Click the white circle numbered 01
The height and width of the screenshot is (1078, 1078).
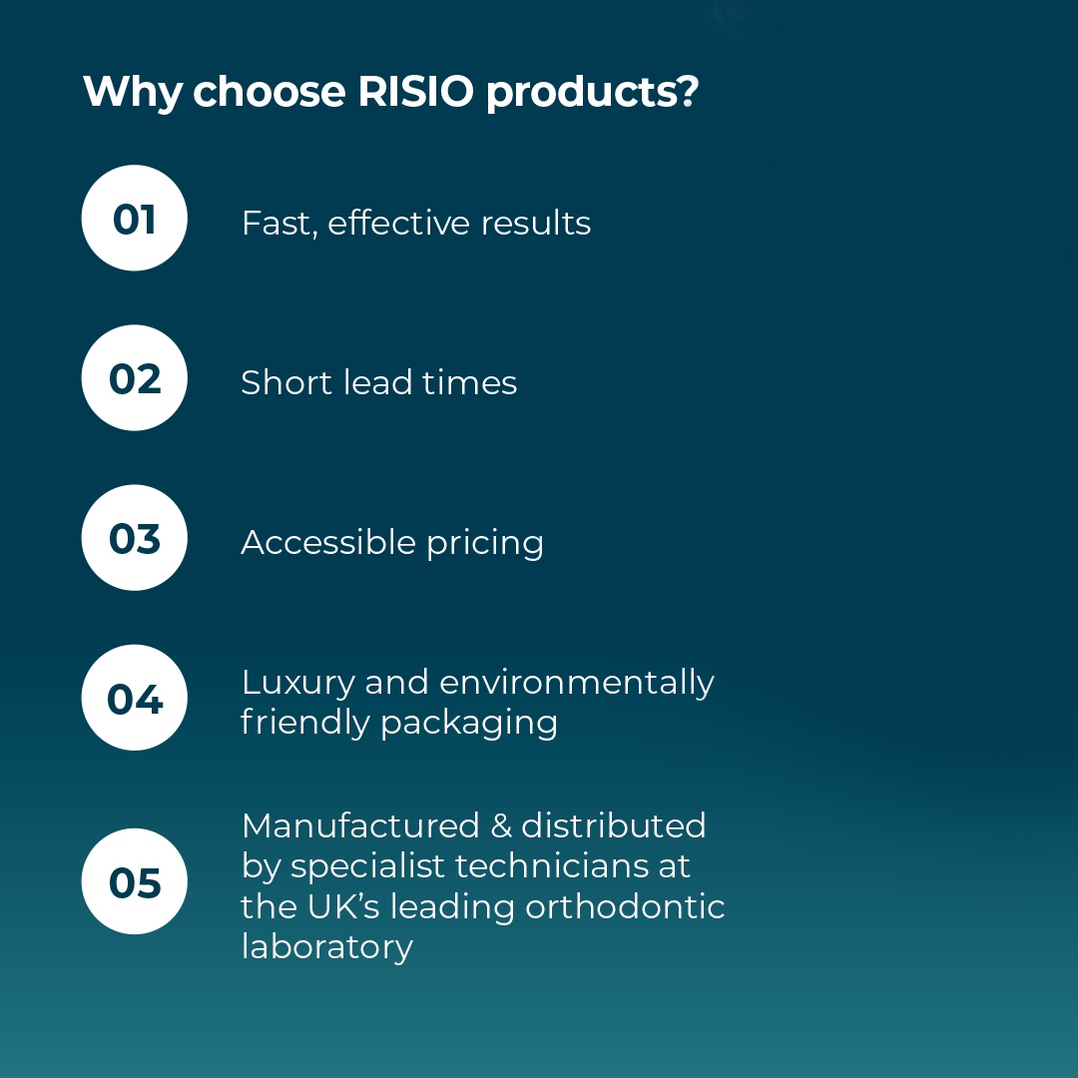[134, 219]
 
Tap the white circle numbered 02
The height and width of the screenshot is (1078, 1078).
[134, 378]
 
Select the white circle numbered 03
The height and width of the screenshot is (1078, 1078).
[134, 538]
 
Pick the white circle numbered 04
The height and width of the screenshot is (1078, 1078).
[134, 698]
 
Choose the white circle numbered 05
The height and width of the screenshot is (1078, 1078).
[134, 881]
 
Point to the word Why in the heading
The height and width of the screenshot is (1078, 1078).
[133, 92]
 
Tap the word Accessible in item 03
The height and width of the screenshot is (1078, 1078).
[327, 542]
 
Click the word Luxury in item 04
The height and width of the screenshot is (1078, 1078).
[297, 684]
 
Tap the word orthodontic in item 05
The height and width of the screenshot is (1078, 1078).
[627, 906]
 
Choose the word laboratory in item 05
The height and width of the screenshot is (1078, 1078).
[327, 946]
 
